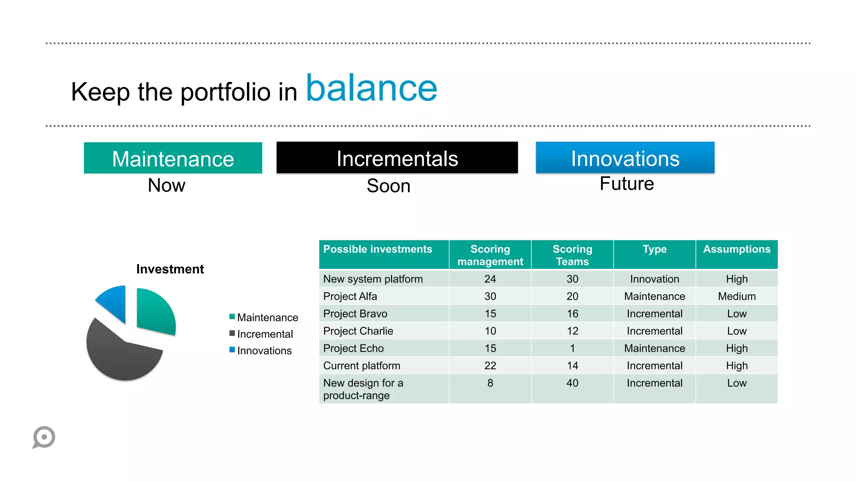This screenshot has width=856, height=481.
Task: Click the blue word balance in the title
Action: (x=372, y=89)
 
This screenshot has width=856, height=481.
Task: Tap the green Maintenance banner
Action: (x=173, y=159)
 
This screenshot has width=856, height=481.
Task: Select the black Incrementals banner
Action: (x=397, y=158)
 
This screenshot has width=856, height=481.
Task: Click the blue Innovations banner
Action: (x=625, y=158)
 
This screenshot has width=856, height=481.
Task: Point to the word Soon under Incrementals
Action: (x=388, y=186)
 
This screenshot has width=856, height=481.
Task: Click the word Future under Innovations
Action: (x=627, y=184)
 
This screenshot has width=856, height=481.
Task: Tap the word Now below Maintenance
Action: (x=166, y=185)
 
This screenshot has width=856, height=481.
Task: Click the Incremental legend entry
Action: (x=265, y=334)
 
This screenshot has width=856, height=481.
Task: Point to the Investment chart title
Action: (x=170, y=269)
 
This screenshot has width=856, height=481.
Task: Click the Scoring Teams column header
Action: (x=572, y=255)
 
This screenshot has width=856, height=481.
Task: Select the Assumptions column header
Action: (x=736, y=250)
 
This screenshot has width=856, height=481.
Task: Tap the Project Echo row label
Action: (x=353, y=348)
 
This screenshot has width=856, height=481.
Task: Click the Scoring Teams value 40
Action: (x=572, y=383)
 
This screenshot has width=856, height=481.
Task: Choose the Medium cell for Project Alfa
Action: (x=736, y=296)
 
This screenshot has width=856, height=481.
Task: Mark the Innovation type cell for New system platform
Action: (x=655, y=279)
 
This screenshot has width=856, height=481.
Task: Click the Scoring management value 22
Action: (x=490, y=366)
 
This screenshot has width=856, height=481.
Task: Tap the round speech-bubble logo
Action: (x=44, y=437)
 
